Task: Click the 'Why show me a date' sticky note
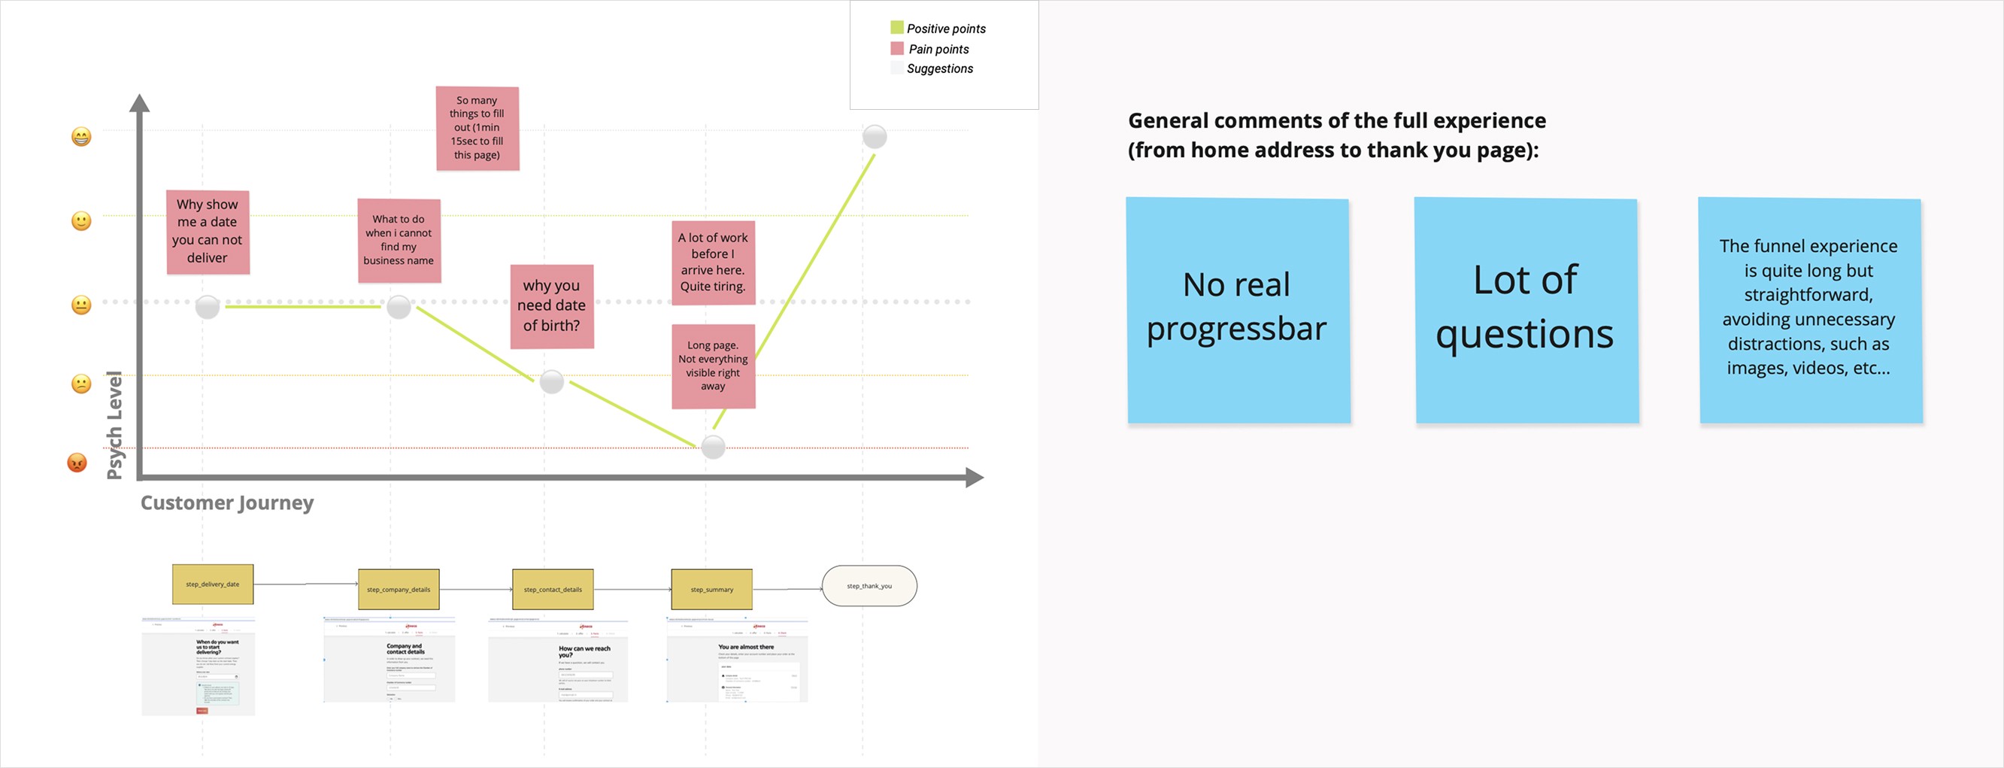208,232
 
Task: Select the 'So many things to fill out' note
477,129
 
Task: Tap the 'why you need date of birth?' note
551,306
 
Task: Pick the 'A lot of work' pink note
713,263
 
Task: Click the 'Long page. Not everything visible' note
713,366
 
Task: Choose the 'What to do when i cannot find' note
399,240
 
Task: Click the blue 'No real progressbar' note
1238,310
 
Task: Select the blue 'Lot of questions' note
1526,310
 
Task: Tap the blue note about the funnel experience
1809,310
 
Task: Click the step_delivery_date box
212,584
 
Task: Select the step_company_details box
399,590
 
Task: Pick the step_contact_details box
553,590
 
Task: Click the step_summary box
712,590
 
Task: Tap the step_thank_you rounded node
869,586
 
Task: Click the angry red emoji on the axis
77,463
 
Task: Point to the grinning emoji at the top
81,137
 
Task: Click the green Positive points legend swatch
897,28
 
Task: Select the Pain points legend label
939,49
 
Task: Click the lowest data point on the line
713,447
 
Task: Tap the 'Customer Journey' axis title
226,502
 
